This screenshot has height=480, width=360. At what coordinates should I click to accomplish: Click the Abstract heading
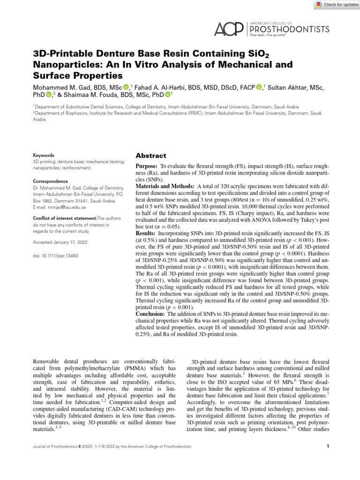(151, 156)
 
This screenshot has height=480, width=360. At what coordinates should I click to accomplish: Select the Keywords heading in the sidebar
(43, 156)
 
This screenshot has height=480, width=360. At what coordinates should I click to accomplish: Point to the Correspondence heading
(50, 181)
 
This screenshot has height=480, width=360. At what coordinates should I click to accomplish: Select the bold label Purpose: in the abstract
(147, 166)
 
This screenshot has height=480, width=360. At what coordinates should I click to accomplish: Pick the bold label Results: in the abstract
(145, 232)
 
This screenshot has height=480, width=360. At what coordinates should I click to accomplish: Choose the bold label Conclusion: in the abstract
(150, 314)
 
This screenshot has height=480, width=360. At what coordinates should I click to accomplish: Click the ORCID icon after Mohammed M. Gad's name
(126, 87)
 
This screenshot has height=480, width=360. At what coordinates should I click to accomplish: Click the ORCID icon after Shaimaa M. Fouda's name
(167, 96)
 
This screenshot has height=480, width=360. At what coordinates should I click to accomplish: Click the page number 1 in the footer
(327, 447)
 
